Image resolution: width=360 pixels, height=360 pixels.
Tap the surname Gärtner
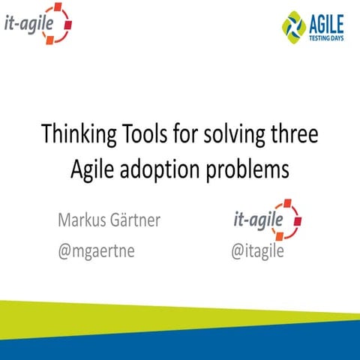140,221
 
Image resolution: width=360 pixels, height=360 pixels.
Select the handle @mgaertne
97,250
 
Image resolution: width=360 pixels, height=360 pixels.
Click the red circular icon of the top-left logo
60,22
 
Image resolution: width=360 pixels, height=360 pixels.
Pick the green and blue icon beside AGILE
294,25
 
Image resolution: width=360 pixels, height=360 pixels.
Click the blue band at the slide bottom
225,346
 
